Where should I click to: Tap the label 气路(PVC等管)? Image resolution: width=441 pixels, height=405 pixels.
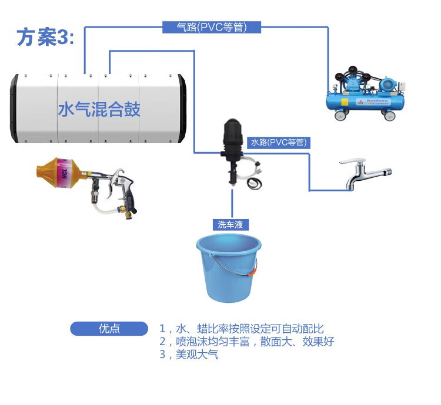coord(211,27)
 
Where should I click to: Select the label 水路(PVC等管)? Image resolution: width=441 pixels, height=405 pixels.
coord(279,142)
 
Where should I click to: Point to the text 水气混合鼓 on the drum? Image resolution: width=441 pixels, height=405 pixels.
coord(99,109)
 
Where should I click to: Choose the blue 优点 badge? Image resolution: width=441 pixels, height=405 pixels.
coord(109,329)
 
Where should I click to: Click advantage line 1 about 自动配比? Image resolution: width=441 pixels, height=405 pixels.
coord(241,329)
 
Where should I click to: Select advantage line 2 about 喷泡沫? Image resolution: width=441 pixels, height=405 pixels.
coord(246,342)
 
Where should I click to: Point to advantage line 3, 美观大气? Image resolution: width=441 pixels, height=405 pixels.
coord(189,355)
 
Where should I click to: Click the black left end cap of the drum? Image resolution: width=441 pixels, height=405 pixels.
coord(13,109)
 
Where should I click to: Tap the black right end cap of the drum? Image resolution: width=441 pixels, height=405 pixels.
coord(182,109)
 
